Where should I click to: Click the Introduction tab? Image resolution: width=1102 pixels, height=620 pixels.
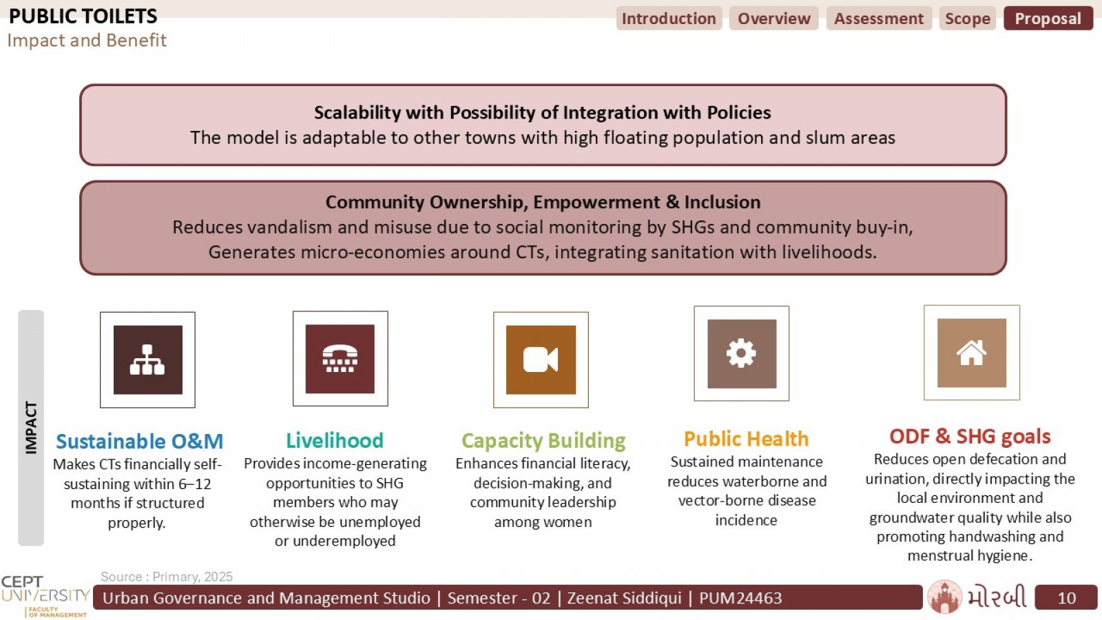(669, 18)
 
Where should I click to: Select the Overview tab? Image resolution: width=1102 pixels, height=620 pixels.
(774, 18)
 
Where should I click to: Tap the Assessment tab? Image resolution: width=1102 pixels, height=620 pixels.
(879, 18)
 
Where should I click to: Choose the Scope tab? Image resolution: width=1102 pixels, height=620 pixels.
(968, 18)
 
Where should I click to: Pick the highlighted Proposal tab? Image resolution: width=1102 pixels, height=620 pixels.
(1048, 18)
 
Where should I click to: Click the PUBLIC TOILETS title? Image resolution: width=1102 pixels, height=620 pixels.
(83, 17)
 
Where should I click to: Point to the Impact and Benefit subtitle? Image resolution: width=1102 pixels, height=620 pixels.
(87, 41)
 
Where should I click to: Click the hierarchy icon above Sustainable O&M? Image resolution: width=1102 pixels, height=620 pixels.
(147, 360)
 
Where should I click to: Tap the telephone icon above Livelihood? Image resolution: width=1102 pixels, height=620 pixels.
(340, 359)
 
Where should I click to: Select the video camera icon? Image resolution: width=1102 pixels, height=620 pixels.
(541, 360)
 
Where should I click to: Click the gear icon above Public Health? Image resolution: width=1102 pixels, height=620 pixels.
(742, 354)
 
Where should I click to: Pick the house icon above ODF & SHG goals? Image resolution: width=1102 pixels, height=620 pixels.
(972, 353)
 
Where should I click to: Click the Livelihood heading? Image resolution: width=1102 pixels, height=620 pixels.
(335, 440)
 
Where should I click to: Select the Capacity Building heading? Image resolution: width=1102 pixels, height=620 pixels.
(543, 441)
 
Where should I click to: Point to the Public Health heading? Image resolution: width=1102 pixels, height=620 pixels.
(747, 438)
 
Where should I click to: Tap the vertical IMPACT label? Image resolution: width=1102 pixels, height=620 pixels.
(31, 428)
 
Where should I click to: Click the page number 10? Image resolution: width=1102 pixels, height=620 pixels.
(1067, 598)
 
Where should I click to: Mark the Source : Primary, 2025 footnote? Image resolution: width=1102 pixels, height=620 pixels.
(166, 577)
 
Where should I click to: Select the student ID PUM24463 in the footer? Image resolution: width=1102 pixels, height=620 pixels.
(740, 598)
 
